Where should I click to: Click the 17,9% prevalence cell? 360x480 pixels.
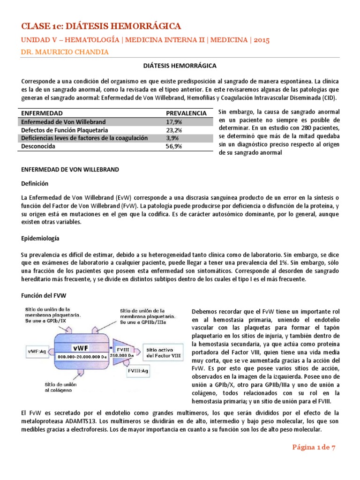click(175, 121)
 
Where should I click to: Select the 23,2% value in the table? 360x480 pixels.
click(175, 130)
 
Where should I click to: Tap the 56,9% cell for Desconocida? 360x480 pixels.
click(175, 147)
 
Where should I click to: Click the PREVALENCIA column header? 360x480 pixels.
click(186, 113)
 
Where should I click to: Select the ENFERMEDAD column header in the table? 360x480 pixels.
click(40, 113)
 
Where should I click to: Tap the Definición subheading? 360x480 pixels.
click(34, 183)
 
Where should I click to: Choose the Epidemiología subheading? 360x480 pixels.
click(40, 239)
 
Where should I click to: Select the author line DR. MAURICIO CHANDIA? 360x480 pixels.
click(65, 52)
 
